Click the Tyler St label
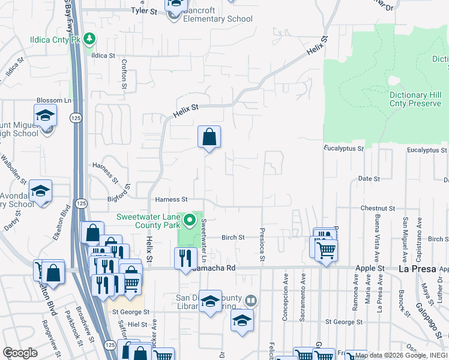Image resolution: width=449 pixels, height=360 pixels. (143, 11)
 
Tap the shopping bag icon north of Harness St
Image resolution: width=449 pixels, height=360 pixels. (209, 137)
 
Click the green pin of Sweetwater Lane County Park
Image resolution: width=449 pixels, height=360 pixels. (190, 220)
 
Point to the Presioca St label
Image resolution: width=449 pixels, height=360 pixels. (262, 244)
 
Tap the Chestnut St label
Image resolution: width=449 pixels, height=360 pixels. (376, 208)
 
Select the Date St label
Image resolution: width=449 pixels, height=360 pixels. (369, 179)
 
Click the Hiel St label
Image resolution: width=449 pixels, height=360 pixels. (137, 323)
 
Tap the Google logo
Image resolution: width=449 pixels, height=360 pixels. (20, 353)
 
